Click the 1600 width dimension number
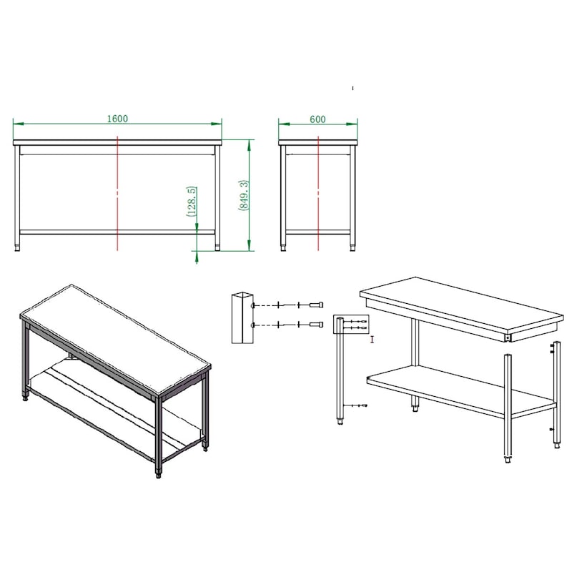pos(117,119)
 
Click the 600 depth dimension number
pos(317,119)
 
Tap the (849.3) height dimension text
pos(244,194)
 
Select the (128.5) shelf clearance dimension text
pos(192,202)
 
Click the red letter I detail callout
pos(372,340)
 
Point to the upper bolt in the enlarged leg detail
pos(316,305)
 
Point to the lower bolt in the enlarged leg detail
pos(316,325)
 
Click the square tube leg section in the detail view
pos(242,317)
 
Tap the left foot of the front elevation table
pos(17,247)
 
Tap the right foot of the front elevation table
pos(218,247)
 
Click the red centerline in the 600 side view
pos(318,193)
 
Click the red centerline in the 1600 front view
pos(117,193)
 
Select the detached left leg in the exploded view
pos(340,371)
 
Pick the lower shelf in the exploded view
pos(461,391)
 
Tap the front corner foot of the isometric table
pos(158,473)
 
